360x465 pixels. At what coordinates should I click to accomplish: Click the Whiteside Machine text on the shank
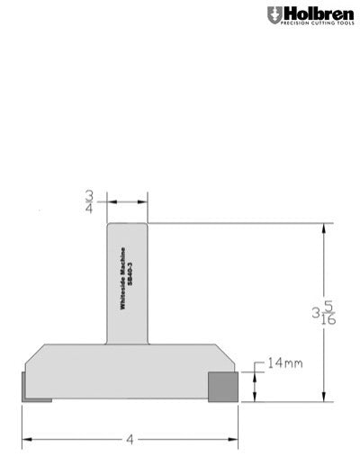(x=122, y=281)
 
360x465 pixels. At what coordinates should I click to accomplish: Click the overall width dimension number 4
(x=131, y=440)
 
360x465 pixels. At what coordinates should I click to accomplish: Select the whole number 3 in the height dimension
(x=316, y=314)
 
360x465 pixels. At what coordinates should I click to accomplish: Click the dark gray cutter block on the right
(x=222, y=386)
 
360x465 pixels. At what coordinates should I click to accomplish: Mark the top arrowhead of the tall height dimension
(x=322, y=228)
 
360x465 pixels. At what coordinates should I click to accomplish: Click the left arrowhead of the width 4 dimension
(x=26, y=440)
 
